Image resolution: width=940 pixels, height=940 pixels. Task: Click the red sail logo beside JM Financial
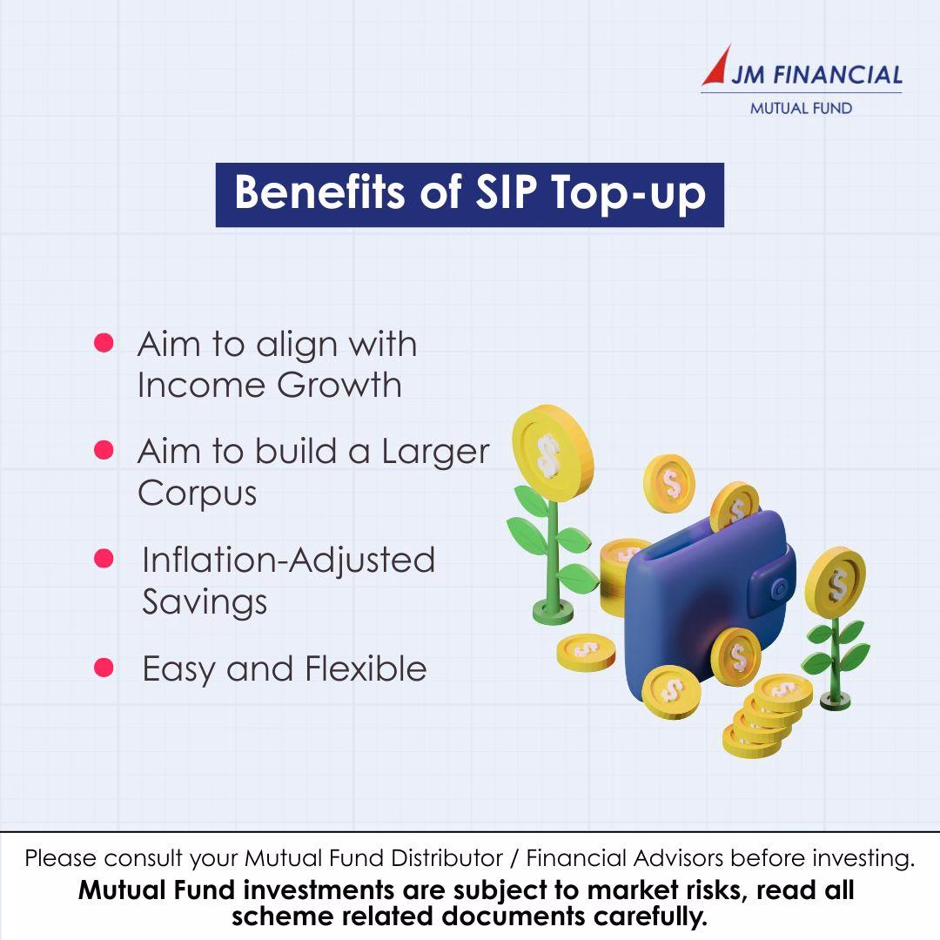coord(719,67)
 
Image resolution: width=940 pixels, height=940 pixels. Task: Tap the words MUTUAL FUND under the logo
coord(801,109)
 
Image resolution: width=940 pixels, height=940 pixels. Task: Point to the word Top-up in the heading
coord(628,194)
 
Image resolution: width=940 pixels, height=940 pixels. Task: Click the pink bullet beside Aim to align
coord(104,343)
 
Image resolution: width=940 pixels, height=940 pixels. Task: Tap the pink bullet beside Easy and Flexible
coord(104,668)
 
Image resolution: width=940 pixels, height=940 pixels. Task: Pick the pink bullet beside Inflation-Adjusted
coord(104,558)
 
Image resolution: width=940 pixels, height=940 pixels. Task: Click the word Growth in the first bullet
coord(339,385)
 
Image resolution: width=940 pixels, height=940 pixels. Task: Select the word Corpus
coord(198,494)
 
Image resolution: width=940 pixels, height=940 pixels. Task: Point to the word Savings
coord(205,602)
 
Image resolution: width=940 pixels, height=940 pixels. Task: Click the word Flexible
coord(366,668)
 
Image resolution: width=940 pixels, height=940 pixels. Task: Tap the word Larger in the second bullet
coord(436,453)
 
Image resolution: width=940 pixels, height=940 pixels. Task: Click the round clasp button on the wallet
coord(780,590)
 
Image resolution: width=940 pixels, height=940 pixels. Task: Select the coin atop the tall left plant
coord(552,453)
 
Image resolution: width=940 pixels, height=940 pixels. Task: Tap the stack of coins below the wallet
coord(767,716)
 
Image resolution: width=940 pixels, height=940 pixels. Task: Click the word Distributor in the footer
coord(446,858)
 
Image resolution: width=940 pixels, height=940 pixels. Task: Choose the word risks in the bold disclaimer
coord(714,891)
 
